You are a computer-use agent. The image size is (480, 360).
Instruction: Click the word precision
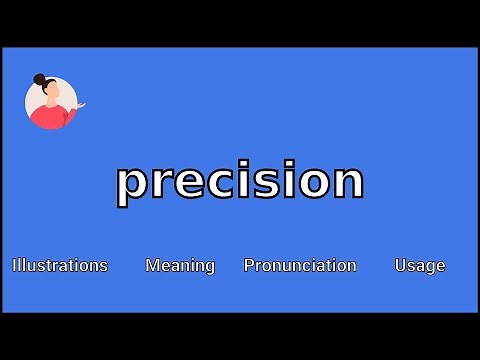(x=240, y=182)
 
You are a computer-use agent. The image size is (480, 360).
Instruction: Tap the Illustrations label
(x=60, y=265)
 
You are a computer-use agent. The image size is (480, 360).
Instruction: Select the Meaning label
(x=180, y=265)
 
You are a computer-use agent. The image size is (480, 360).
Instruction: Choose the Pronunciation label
(x=300, y=265)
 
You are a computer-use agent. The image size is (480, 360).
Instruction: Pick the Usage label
(x=420, y=265)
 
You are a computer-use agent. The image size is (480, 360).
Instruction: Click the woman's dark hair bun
(x=40, y=79)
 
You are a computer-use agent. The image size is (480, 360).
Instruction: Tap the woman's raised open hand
(x=80, y=104)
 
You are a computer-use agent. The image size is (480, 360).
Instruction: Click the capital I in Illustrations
(x=14, y=265)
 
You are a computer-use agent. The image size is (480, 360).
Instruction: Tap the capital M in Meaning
(x=152, y=265)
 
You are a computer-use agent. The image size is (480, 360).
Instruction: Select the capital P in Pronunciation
(x=249, y=265)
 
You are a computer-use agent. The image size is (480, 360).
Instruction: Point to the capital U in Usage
(x=400, y=265)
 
